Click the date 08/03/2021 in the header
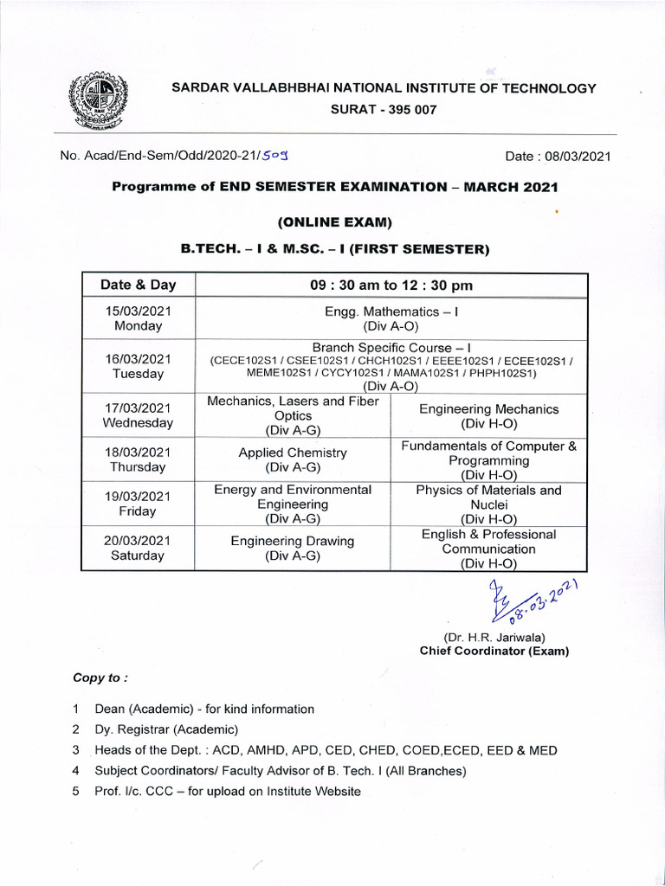click(558, 157)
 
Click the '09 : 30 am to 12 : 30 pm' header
click(391, 286)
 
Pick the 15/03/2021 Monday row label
click(139, 318)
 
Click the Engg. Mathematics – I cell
click(391, 318)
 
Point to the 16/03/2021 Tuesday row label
click(139, 366)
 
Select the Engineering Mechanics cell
click(489, 416)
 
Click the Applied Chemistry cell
click(293, 459)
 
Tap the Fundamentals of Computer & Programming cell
click(489, 460)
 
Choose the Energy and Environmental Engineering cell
click(293, 504)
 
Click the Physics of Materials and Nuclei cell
click(489, 504)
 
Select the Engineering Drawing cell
click(293, 549)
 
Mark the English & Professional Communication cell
click(489, 549)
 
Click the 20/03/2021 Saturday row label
click(139, 549)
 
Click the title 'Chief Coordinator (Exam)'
click(494, 652)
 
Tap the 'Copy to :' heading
click(100, 677)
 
